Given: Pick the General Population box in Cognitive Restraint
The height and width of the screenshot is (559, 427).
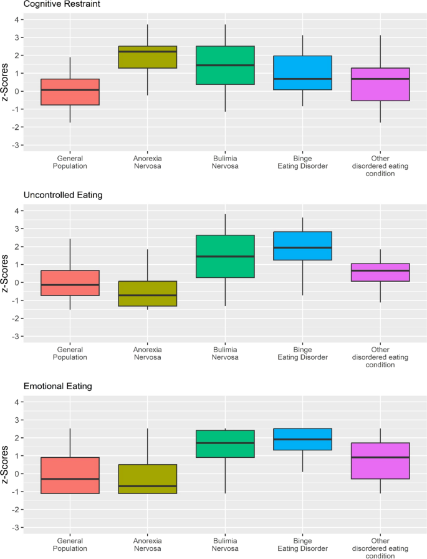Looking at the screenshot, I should (x=70, y=92).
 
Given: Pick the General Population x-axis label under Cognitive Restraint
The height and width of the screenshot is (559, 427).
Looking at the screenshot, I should (x=70, y=162).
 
